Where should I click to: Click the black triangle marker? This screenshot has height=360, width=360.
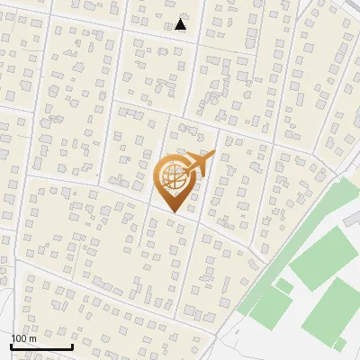181,24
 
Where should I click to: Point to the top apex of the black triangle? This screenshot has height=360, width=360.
181,19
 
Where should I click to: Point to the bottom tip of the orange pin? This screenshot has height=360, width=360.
173,213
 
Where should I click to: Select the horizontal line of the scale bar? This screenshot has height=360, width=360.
41,346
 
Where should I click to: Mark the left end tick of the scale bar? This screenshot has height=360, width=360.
11,345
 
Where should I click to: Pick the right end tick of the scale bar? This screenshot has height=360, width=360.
72,345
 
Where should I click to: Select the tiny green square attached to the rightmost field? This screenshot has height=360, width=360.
339,344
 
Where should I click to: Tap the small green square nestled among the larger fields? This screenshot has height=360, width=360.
283,286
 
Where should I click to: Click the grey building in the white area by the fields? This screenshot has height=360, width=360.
353,219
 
